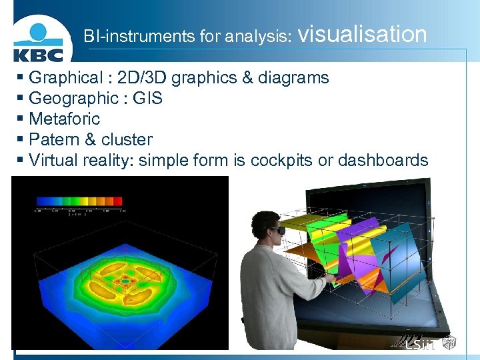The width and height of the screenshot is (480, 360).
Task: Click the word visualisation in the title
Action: [363, 35]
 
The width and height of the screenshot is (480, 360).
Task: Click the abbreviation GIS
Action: [148, 99]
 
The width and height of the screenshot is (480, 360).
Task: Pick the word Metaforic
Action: [65, 119]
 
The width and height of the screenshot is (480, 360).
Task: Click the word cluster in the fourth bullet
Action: [127, 140]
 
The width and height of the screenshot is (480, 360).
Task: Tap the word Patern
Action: [53, 140]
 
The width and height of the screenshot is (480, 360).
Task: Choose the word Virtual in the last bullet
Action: [53, 161]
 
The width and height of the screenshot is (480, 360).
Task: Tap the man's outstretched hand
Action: [329, 273]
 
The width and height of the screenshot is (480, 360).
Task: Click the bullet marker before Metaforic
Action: [21, 119]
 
